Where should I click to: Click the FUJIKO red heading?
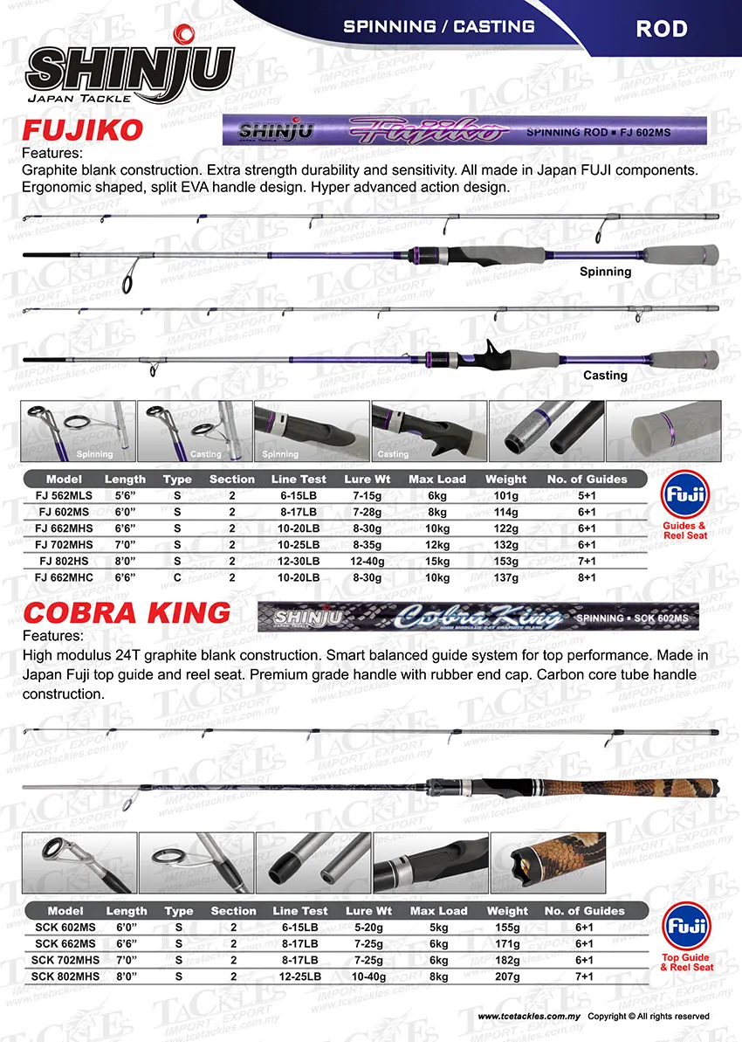click(x=82, y=132)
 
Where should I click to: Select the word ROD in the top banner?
click(x=661, y=28)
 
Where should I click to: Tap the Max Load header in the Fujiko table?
click(x=437, y=480)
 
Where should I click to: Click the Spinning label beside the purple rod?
click(x=605, y=272)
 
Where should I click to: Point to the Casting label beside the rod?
click(x=605, y=375)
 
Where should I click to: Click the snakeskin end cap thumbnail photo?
click(x=548, y=863)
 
